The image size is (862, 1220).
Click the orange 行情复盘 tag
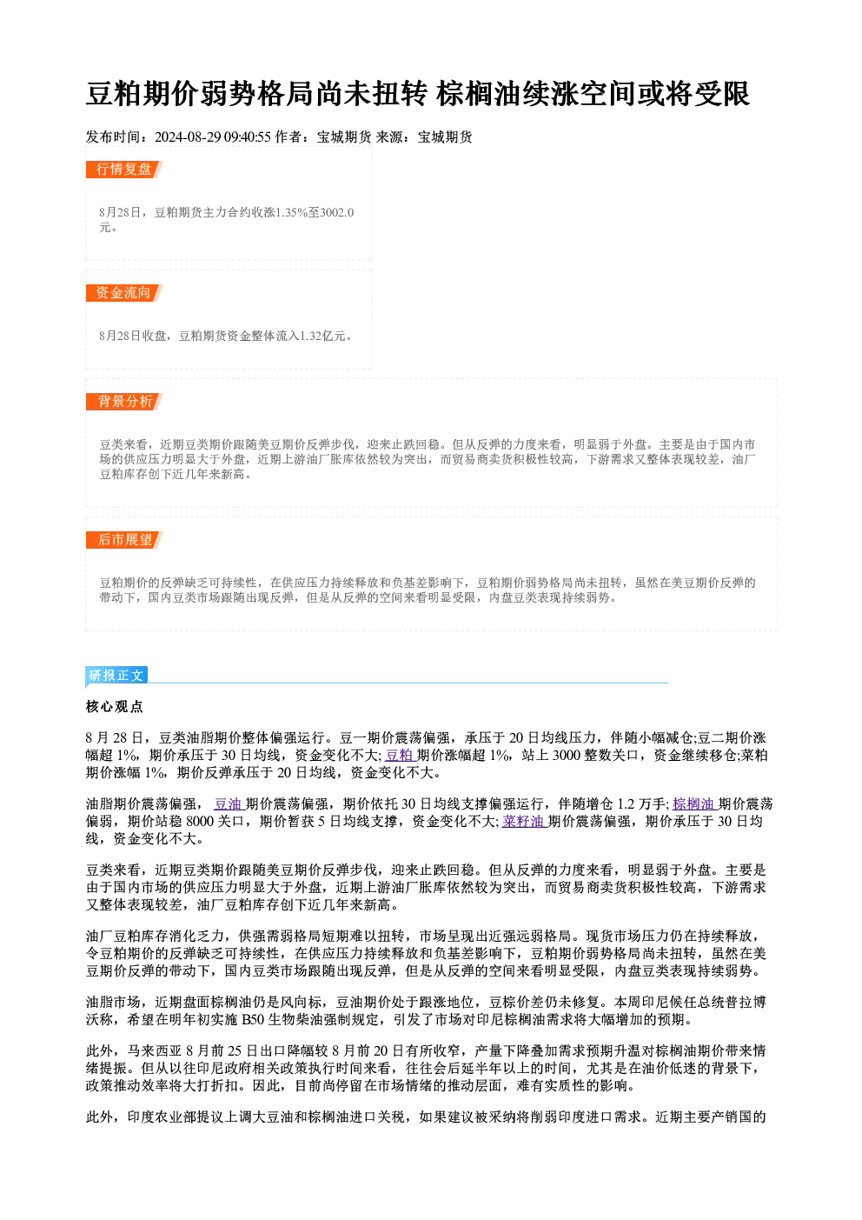coord(123,170)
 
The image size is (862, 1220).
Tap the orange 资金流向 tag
coord(123,293)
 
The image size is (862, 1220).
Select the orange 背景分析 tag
coord(123,402)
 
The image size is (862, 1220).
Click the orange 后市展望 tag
coord(123,540)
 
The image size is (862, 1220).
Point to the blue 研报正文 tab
coord(116,676)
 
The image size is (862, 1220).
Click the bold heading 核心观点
coord(115,707)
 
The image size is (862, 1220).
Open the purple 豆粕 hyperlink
coord(400,756)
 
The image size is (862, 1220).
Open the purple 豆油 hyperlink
coord(229,804)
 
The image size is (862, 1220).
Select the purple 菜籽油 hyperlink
coord(524,822)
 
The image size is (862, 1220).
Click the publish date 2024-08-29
coord(188,137)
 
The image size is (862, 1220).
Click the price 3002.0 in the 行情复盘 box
coord(337,212)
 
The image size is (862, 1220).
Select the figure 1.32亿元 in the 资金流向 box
coord(323,336)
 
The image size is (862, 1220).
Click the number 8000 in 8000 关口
coord(200,822)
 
